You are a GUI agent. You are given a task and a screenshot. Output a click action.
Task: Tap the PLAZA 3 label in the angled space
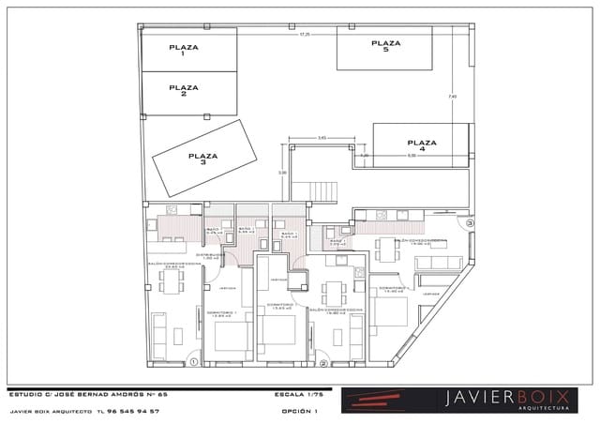pos(202,159)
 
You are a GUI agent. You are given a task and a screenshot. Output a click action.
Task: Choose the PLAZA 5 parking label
pos(385,46)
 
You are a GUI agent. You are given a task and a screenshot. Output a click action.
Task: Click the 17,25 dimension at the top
pos(304,34)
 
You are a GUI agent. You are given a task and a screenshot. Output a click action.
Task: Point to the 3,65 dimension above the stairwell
pos(322,138)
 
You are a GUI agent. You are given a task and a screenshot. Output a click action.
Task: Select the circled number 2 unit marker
pos(323,363)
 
